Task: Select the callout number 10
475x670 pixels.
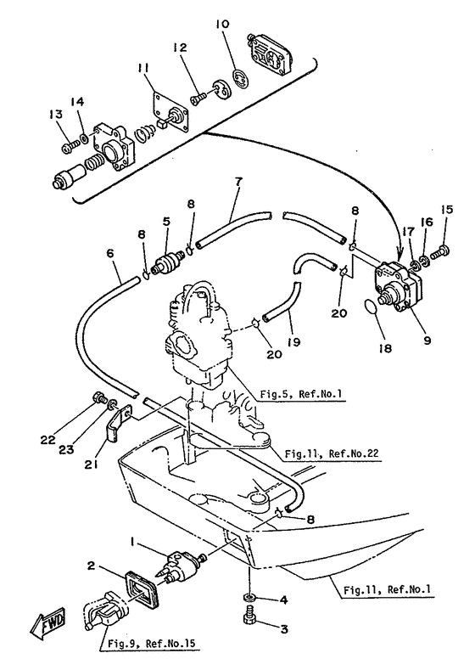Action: point(222,24)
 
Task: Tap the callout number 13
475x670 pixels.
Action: point(55,114)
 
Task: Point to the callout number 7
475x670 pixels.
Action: point(237,182)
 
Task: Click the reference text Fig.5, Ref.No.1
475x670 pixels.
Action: point(302,393)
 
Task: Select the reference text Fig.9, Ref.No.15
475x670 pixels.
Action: point(153,643)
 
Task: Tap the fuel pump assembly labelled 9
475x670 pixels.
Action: point(397,286)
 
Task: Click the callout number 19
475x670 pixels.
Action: point(293,341)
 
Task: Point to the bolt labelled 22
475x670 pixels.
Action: point(99,398)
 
